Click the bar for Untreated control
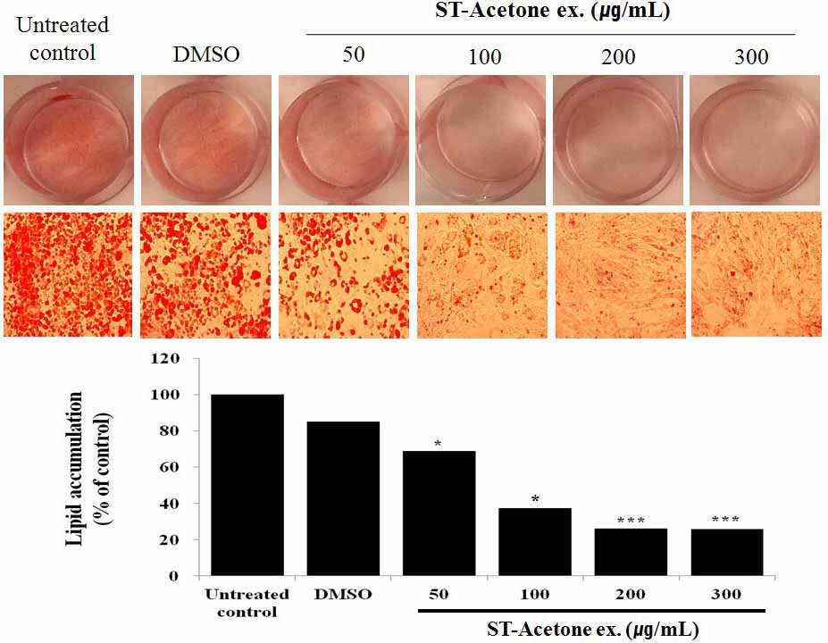click(247, 485)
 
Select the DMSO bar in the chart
click(343, 498)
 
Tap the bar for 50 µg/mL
click(439, 514)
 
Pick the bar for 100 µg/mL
click(535, 542)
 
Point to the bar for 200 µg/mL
click(631, 552)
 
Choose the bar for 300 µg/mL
click(726, 552)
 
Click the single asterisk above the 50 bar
click(438, 444)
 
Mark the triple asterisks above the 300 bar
click(725, 520)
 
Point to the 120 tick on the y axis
click(165, 358)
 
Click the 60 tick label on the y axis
click(170, 467)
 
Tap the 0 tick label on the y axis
click(174, 576)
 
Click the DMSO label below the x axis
click(343, 595)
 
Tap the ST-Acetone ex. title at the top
click(552, 11)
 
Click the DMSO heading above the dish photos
click(206, 54)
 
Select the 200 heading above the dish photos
click(618, 56)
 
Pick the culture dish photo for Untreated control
click(69, 140)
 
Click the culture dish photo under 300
click(755, 140)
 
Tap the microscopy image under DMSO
click(205, 275)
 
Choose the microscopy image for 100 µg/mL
click(482, 275)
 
